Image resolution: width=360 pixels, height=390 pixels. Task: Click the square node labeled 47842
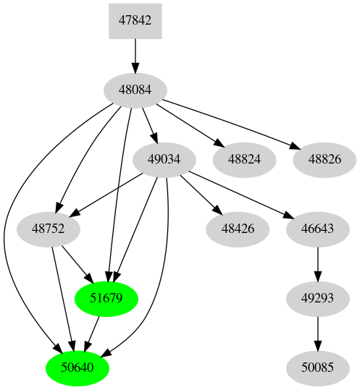coord(135,21)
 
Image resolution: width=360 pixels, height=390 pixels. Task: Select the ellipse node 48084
coord(135,90)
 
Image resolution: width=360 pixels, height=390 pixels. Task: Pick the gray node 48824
coord(243,159)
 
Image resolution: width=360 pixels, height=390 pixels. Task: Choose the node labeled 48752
coord(48,229)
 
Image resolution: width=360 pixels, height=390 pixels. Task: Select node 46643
coord(317,229)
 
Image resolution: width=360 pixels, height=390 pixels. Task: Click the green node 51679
coord(106,298)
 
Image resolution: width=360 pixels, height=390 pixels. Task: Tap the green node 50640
coord(78,368)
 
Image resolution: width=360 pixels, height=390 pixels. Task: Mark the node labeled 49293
coord(317,298)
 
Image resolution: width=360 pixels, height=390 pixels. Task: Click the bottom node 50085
coord(317,368)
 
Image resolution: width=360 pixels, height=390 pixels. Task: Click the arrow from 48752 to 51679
coord(77,263)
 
